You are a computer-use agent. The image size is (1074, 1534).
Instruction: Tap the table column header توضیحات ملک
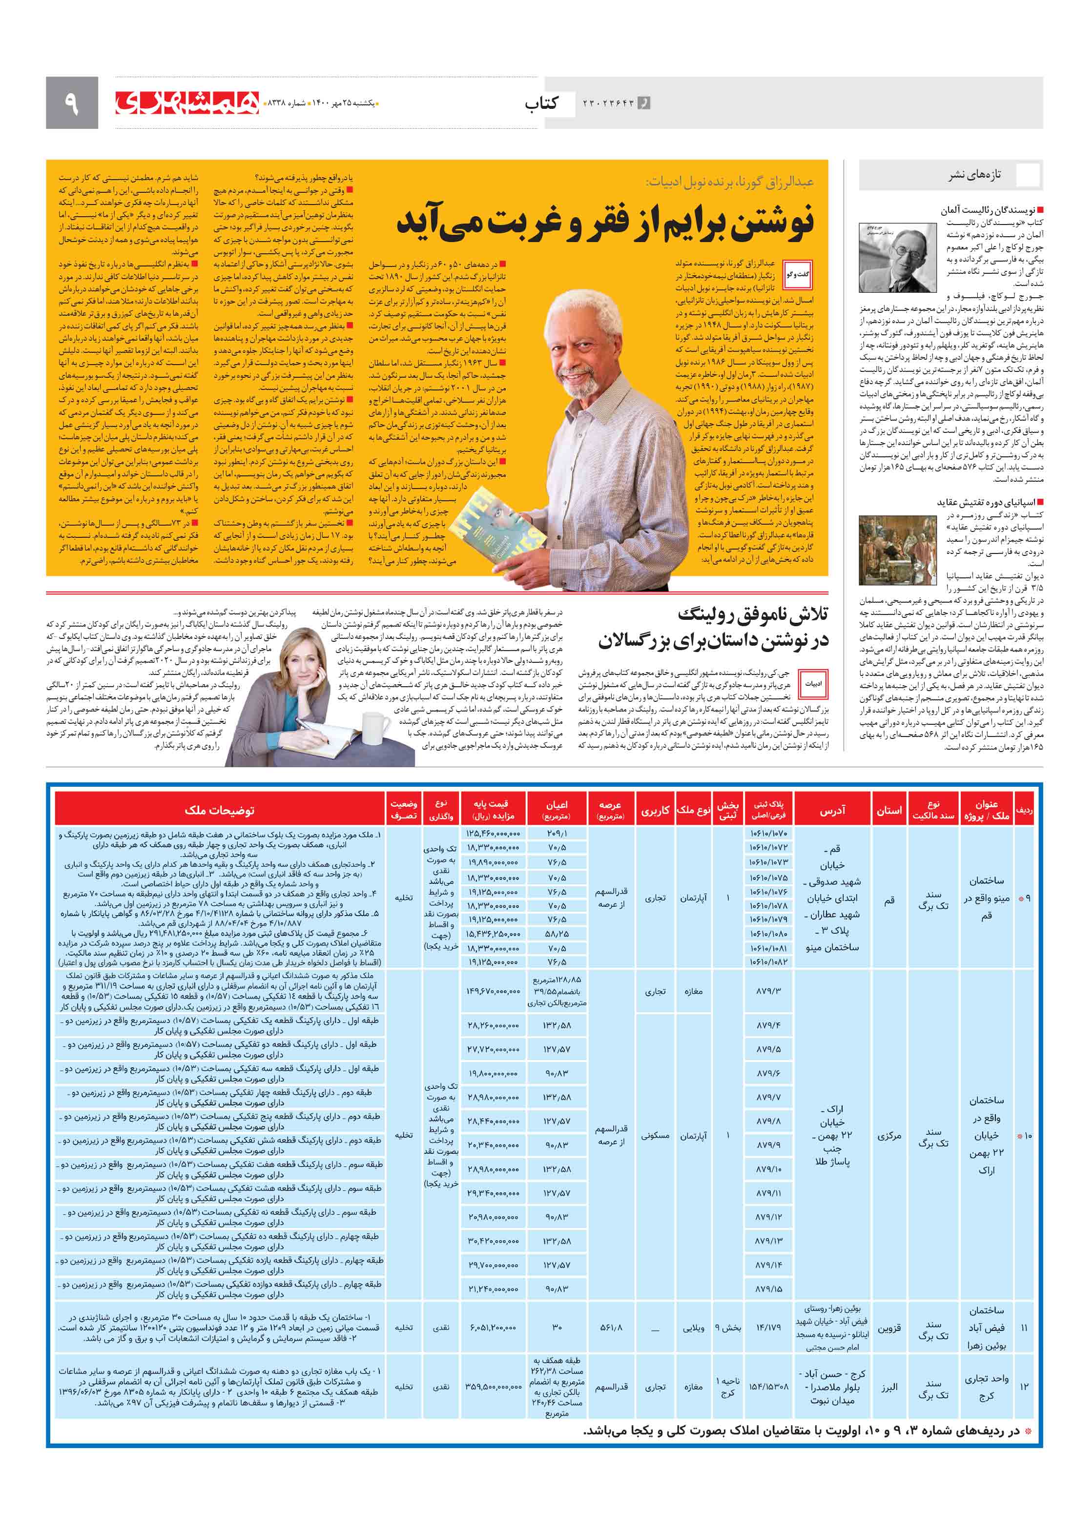(219, 810)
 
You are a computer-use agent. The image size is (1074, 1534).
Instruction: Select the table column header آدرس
(832, 810)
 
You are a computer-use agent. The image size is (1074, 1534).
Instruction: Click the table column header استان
(889, 810)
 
